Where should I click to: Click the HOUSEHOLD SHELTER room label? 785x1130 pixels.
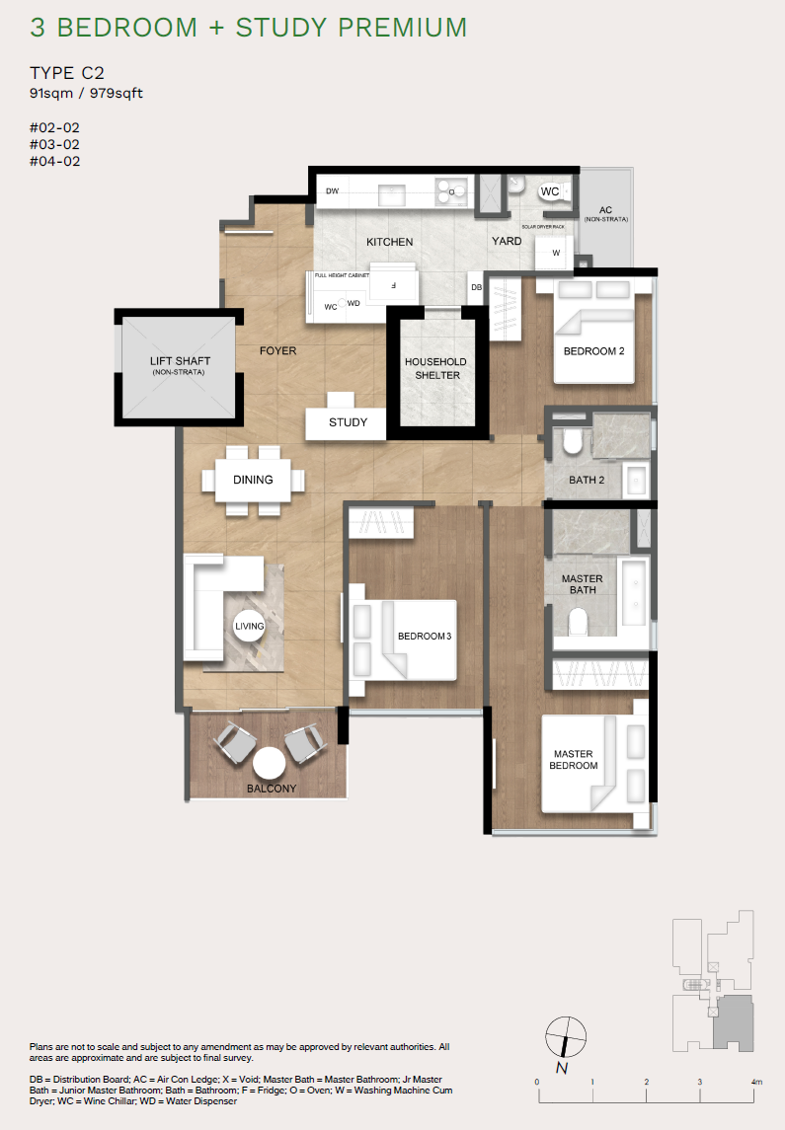pos(435,368)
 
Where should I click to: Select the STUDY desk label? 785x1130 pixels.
pos(349,422)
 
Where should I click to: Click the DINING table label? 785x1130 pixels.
pos(253,480)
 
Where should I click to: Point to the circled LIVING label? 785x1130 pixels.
pos(249,626)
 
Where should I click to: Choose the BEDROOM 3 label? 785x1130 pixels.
pos(424,637)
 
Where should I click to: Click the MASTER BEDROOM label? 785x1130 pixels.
pos(575,760)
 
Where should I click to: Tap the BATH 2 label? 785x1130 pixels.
pos(587,481)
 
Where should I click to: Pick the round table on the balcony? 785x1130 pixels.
pos(268,763)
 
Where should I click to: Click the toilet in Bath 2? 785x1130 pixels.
pos(570,442)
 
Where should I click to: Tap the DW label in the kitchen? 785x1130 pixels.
pos(333,190)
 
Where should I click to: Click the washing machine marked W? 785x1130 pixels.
pos(556,253)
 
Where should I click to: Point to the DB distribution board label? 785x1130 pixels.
pos(476,287)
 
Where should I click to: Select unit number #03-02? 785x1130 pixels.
pos(55,144)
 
